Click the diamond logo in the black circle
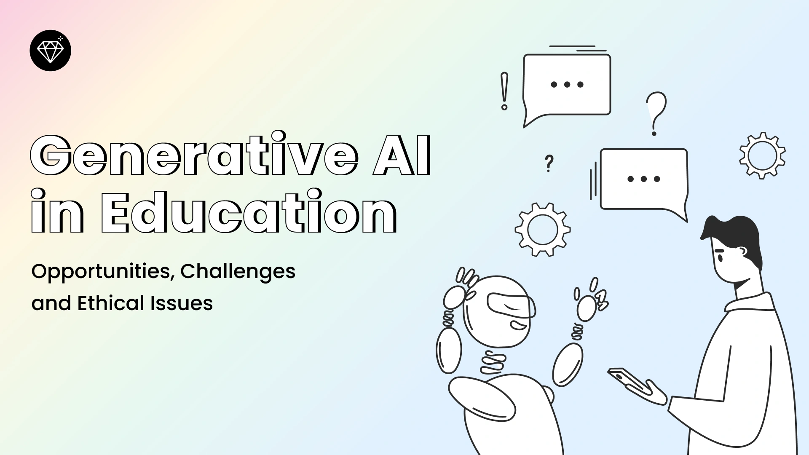(x=51, y=51)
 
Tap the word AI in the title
(x=402, y=155)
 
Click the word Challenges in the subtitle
(x=238, y=272)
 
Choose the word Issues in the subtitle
(x=182, y=303)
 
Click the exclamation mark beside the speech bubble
(x=504, y=91)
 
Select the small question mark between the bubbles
(x=549, y=163)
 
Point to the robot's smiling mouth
(x=518, y=326)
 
